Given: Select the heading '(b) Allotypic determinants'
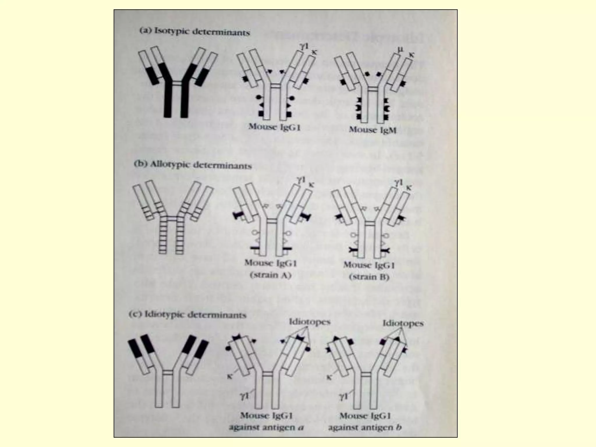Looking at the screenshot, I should click(x=193, y=165).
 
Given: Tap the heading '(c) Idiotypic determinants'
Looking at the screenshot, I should click(x=188, y=315).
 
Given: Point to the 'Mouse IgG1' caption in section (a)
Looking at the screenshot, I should click(x=274, y=127).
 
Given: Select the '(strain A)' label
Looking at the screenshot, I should click(x=271, y=275).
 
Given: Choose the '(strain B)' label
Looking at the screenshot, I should click(x=369, y=277).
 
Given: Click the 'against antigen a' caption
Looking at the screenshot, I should click(x=266, y=428).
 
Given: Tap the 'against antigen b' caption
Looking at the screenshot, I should click(x=365, y=428).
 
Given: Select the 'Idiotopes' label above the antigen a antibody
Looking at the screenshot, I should click(x=310, y=322).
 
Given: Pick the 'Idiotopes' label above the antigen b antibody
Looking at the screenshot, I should click(x=403, y=323).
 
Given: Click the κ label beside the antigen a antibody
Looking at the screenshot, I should click(x=229, y=377).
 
